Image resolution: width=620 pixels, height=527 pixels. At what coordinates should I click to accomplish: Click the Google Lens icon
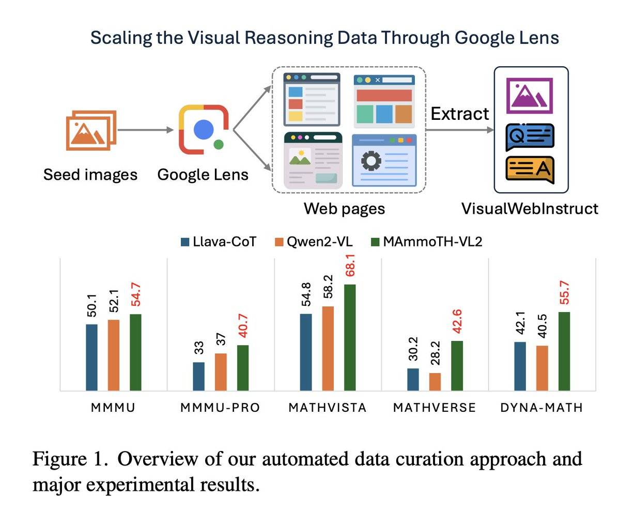click(x=204, y=130)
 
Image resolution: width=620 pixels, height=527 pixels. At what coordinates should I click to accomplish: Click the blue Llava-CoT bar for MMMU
click(x=91, y=357)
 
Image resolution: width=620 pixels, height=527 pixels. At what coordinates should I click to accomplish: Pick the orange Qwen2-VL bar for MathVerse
click(x=435, y=381)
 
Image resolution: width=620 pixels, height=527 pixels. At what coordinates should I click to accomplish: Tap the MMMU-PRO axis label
click(x=220, y=408)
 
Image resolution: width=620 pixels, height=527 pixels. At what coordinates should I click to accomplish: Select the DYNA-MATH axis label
click(x=541, y=408)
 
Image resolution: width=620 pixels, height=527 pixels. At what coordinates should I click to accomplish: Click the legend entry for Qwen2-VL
click(x=313, y=241)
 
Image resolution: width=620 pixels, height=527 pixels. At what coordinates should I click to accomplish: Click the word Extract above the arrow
click(x=459, y=114)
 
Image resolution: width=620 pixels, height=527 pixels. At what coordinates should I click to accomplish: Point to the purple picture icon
click(x=530, y=96)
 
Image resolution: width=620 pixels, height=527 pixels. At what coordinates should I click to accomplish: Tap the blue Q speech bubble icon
click(x=530, y=136)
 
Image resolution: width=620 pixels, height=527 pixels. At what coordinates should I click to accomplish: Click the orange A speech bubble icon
click(x=530, y=169)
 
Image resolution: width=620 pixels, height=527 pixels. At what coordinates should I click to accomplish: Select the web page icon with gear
click(x=384, y=160)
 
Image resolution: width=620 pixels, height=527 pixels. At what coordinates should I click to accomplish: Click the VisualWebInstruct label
click(x=530, y=209)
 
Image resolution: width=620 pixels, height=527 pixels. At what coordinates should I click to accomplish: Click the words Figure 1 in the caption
click(x=70, y=459)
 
